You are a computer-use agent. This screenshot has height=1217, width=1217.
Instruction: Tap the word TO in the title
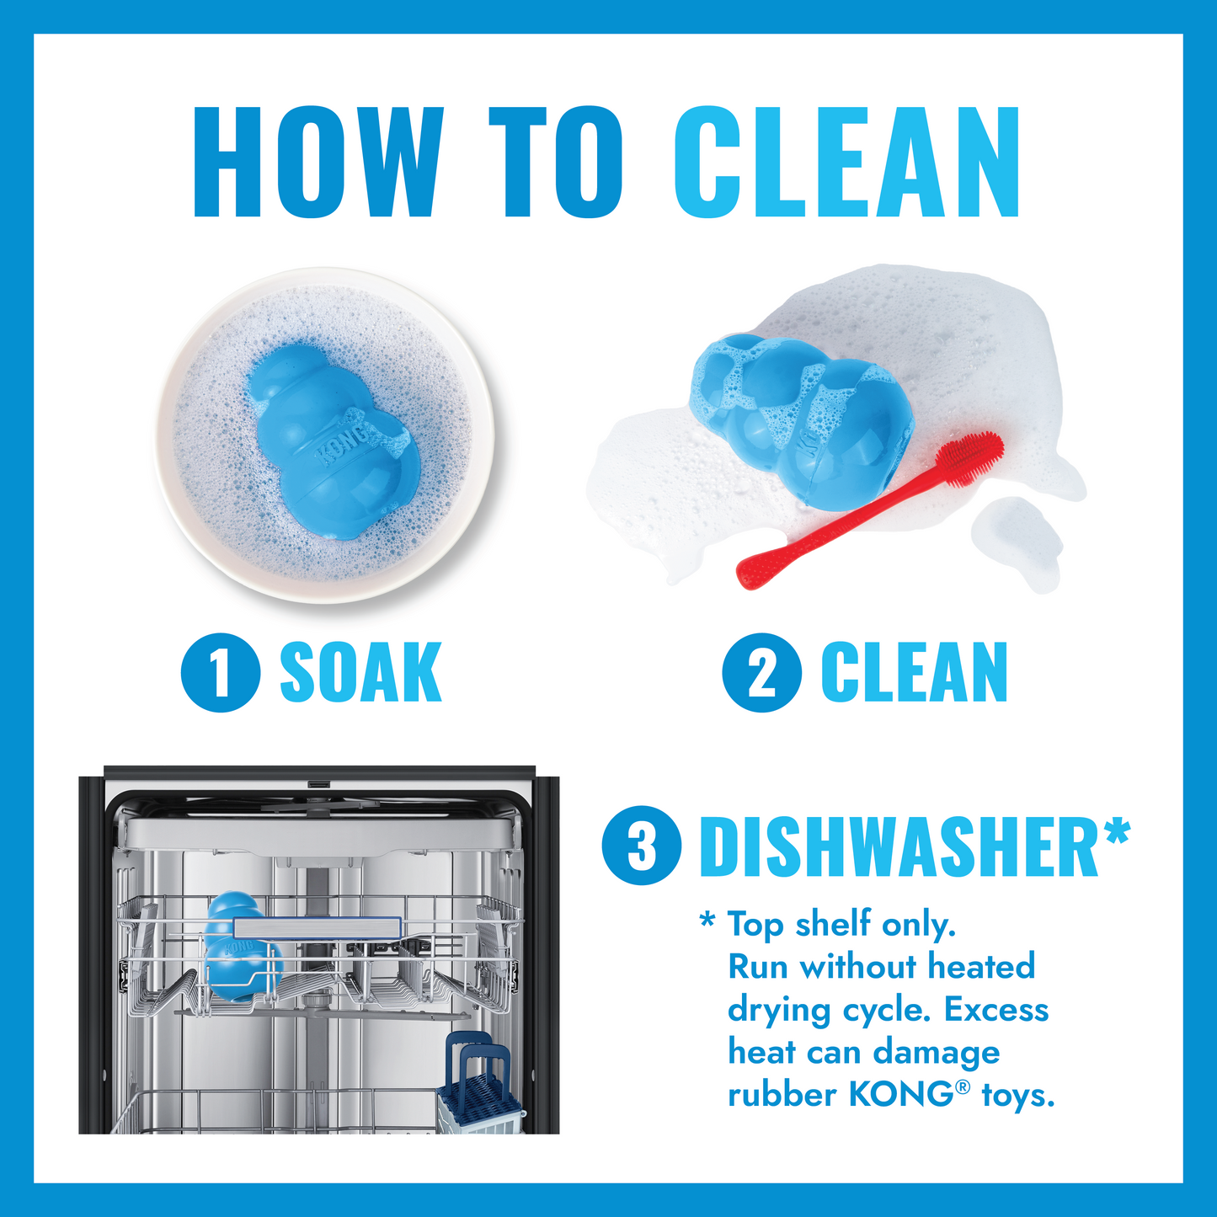click(x=556, y=163)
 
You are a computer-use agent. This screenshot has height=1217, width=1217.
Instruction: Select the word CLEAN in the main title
click(x=846, y=163)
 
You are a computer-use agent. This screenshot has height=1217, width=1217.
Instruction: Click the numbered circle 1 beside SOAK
click(x=220, y=672)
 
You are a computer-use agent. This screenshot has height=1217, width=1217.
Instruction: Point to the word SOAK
click(x=360, y=672)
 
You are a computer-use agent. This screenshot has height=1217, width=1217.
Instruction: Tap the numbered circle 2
click(x=761, y=672)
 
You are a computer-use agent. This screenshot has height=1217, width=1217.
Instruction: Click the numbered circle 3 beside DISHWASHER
click(x=642, y=846)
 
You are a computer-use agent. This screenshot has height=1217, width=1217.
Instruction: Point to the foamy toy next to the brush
click(x=800, y=413)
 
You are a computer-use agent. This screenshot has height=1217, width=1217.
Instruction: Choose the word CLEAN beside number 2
click(x=914, y=672)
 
